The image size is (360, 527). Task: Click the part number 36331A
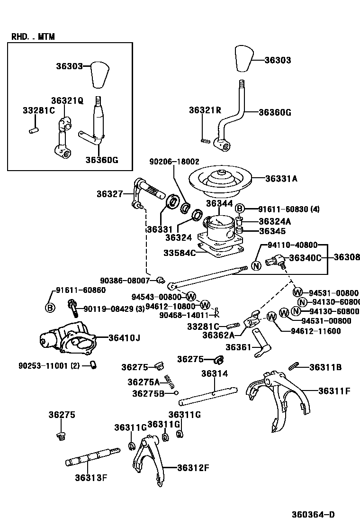[281, 179]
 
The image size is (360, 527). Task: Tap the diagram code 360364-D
[314, 515]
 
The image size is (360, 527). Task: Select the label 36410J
[124, 338]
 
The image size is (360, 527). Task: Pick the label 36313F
[90, 477]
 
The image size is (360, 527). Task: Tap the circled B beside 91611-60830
[240, 209]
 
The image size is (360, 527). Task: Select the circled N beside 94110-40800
[256, 265]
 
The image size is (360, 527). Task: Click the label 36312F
[193, 468]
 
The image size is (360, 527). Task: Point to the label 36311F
[334, 391]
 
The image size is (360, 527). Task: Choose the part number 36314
[215, 373]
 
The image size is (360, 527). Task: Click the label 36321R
[205, 110]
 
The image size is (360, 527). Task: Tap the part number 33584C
[180, 253]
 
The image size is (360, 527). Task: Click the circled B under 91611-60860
[50, 308]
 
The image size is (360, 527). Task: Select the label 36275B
[148, 393]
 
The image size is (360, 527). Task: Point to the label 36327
[110, 193]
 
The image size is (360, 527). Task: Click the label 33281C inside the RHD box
[39, 110]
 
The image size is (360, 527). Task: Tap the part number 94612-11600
[316, 331]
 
